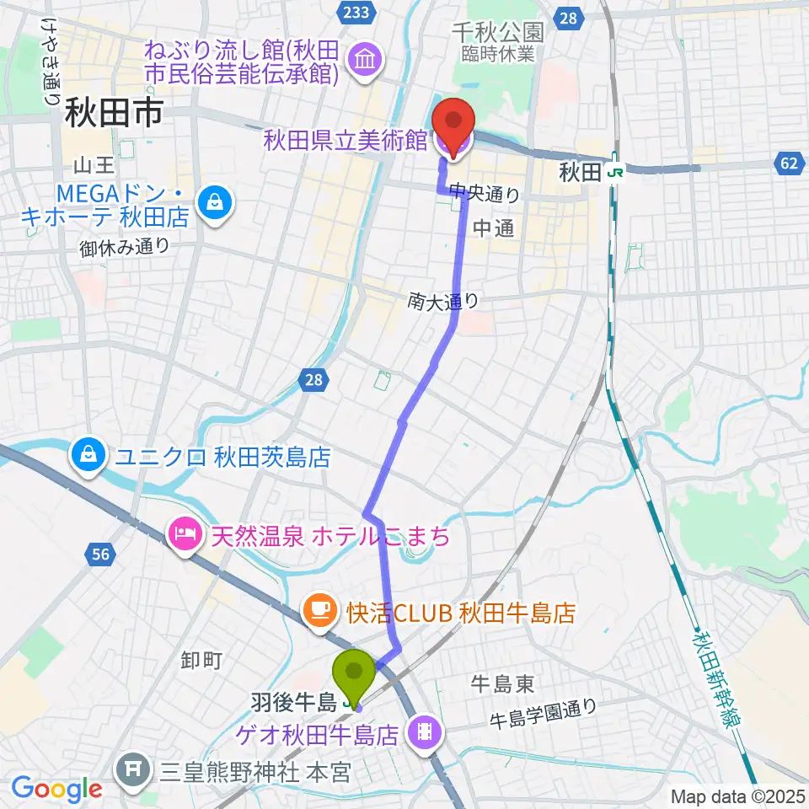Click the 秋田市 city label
point(113,112)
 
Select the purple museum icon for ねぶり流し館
point(367,60)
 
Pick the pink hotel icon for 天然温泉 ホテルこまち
point(185,533)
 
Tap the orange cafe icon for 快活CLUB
point(319,608)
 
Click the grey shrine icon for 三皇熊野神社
point(132,768)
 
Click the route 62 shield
point(787,163)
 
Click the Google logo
point(57,789)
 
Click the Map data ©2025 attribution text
point(736,796)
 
